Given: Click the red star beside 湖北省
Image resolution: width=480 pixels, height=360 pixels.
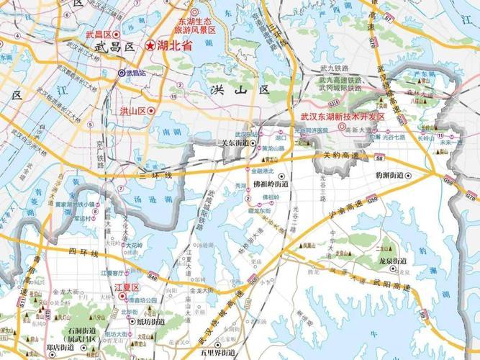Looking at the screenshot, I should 150,45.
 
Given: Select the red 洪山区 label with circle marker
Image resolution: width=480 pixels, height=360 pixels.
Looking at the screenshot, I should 132,111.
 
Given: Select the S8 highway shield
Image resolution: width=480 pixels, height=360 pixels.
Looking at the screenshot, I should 379,154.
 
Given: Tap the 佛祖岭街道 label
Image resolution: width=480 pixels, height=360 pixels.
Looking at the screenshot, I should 269,184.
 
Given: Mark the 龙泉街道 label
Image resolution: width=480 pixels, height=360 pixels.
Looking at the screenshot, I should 392,261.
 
